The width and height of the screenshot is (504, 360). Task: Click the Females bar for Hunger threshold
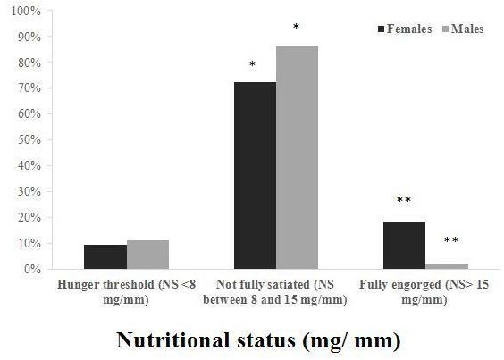pyautogui.click(x=105, y=256)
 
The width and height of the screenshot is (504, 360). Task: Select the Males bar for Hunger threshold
pyautogui.click(x=147, y=255)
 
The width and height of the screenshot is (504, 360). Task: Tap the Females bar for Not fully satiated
pyautogui.click(x=255, y=175)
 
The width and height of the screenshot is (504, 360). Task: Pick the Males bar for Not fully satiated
pyautogui.click(x=297, y=157)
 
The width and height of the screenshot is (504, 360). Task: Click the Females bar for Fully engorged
pyautogui.click(x=404, y=245)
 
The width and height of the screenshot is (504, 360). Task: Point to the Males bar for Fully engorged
pyautogui.click(x=446, y=266)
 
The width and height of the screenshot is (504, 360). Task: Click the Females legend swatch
pyautogui.click(x=379, y=29)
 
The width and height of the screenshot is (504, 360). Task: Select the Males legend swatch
pyautogui.click(x=444, y=29)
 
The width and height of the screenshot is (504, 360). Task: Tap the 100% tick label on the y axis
pyautogui.click(x=26, y=12)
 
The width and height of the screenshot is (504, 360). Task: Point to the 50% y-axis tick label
pyautogui.click(x=29, y=140)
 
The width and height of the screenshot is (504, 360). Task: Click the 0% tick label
pyautogui.click(x=31, y=269)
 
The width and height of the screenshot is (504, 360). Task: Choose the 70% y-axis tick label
pyautogui.click(x=29, y=88)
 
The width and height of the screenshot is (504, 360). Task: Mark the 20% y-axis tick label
pyautogui.click(x=29, y=217)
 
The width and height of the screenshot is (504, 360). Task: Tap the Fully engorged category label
pyautogui.click(x=424, y=290)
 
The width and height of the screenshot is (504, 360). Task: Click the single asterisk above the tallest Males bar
pyautogui.click(x=296, y=28)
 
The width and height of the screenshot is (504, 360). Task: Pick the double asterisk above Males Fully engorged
pyautogui.click(x=450, y=240)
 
